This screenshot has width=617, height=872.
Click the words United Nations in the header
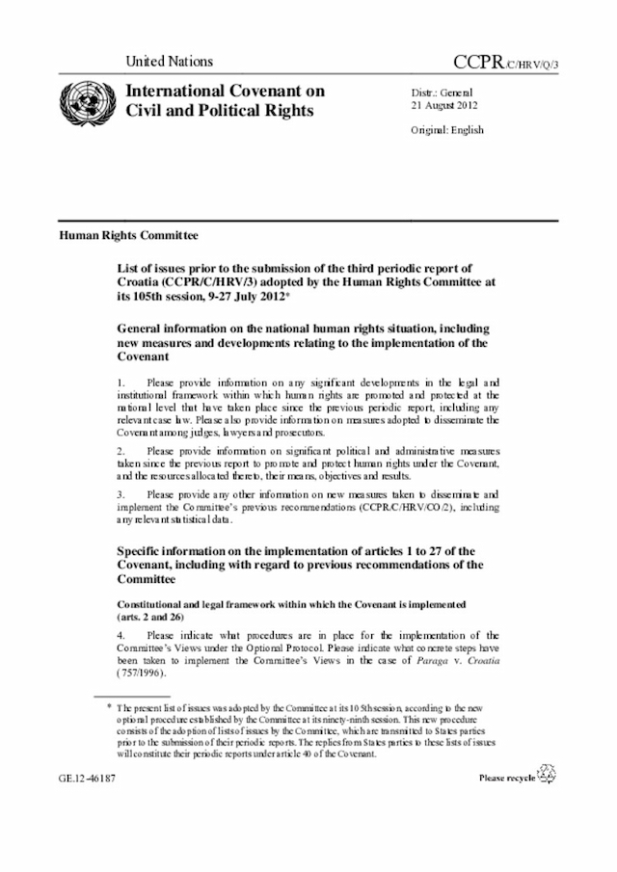(169, 62)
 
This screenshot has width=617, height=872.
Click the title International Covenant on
(219, 92)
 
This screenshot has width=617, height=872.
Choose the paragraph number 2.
(121, 450)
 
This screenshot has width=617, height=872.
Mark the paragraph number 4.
(121, 635)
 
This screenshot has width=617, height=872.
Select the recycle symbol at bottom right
(548, 773)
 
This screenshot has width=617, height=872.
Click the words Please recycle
(507, 777)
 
